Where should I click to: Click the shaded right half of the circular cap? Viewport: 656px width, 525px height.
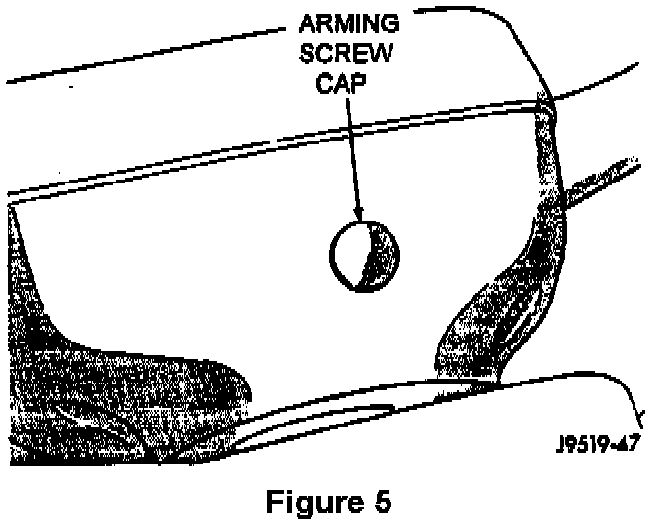(382, 256)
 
